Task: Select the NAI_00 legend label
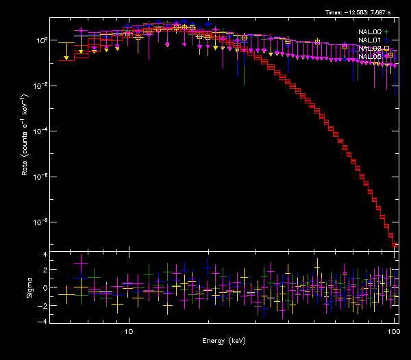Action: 369,31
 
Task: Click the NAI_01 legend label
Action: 369,40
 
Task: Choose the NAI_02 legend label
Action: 369,48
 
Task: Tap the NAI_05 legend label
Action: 369,56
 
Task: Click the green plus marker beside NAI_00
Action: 387,31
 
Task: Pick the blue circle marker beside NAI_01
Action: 387,40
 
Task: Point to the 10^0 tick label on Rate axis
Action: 40,40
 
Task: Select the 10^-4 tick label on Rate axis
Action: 40,131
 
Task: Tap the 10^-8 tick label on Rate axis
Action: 40,222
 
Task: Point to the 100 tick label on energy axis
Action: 393,331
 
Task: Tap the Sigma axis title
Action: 29,287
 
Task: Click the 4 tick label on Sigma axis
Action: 45,255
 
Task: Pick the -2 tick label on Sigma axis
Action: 43,304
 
